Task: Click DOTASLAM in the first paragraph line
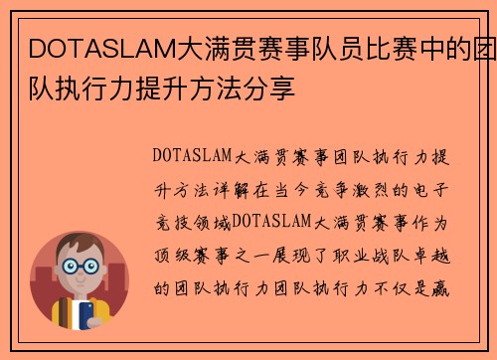pos(193,157)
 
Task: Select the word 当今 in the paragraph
pos(292,189)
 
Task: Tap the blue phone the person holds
pos(86,317)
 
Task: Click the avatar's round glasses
pos(81,269)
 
